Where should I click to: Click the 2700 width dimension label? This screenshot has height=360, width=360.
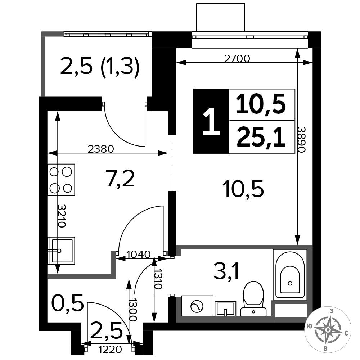pyautogui.click(x=237, y=59)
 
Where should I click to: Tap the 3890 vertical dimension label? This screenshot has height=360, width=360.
pyautogui.click(x=301, y=139)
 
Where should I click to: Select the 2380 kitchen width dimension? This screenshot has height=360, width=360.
pyautogui.click(x=101, y=149)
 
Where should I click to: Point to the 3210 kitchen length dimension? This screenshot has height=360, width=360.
pyautogui.click(x=62, y=215)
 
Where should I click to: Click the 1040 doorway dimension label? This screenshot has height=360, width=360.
pyautogui.click(x=139, y=255)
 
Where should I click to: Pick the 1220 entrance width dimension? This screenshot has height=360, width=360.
pyautogui.click(x=110, y=350)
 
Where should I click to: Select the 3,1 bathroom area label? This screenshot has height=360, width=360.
pyautogui.click(x=226, y=271)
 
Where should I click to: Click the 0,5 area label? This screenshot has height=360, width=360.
pyautogui.click(x=67, y=303)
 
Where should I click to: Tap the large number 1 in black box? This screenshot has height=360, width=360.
pyautogui.click(x=211, y=121)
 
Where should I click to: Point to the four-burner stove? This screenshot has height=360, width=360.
pyautogui.click(x=61, y=180)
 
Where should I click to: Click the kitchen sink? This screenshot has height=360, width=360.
pyautogui.click(x=62, y=250)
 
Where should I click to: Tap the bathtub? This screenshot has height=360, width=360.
pyautogui.click(x=290, y=275)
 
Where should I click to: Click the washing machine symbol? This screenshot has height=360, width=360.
pyautogui.click(x=197, y=306)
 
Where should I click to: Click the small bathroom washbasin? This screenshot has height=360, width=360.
pyautogui.click(x=225, y=309)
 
